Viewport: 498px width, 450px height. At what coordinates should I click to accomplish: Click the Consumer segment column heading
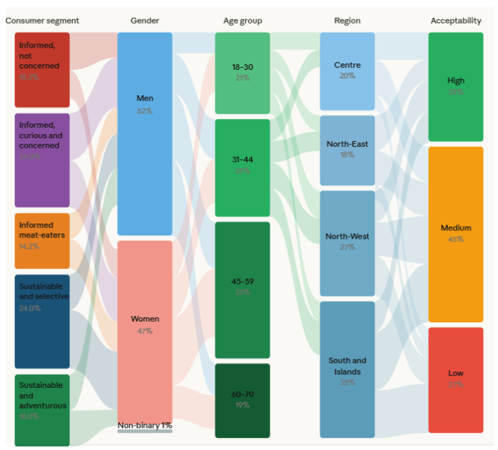(x=42, y=21)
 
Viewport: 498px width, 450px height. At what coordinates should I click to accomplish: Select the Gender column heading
(x=145, y=21)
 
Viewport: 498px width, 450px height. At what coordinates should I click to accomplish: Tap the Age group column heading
(x=242, y=21)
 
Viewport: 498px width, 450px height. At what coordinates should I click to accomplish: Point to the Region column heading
(x=347, y=21)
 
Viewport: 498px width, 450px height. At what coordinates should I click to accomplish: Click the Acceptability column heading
(x=456, y=21)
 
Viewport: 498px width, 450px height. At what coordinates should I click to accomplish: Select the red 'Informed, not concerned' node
(x=42, y=69)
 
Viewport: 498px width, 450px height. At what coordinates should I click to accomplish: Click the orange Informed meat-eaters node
(x=42, y=240)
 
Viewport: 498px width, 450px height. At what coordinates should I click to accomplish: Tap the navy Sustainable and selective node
(x=42, y=321)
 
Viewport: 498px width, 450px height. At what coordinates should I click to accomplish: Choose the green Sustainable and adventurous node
(x=42, y=410)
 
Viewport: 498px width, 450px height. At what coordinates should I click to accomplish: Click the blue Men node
(x=145, y=133)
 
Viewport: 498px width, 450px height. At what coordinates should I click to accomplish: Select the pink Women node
(x=145, y=332)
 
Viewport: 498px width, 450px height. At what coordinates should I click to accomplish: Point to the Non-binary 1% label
(x=146, y=426)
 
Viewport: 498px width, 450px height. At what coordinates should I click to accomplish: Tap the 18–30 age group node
(x=243, y=73)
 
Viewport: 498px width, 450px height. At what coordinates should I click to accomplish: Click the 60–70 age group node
(x=243, y=400)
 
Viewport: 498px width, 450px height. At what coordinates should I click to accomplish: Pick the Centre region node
(x=347, y=70)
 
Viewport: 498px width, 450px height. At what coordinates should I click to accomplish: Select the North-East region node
(x=347, y=150)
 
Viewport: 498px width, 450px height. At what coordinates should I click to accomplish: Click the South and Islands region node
(x=347, y=369)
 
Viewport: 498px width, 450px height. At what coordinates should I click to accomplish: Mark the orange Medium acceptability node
(x=456, y=234)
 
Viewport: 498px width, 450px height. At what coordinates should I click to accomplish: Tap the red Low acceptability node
(x=456, y=379)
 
